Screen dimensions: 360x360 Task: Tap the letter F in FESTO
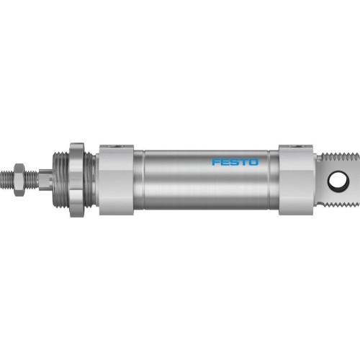coord(215,162)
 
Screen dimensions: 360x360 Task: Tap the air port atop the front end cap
coord(115,148)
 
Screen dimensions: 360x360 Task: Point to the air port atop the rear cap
coord(296,148)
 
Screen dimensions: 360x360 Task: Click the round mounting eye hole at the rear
coord(337,181)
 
